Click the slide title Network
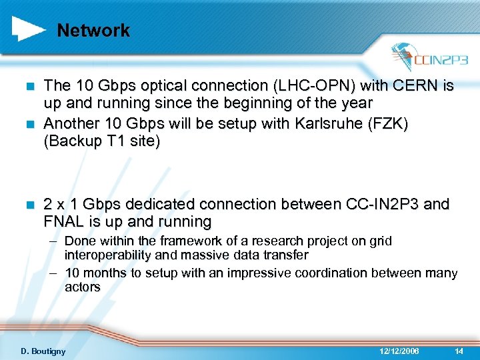93,31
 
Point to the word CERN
420,85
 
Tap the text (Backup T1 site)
101,143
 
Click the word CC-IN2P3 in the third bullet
377,203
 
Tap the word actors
82,287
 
